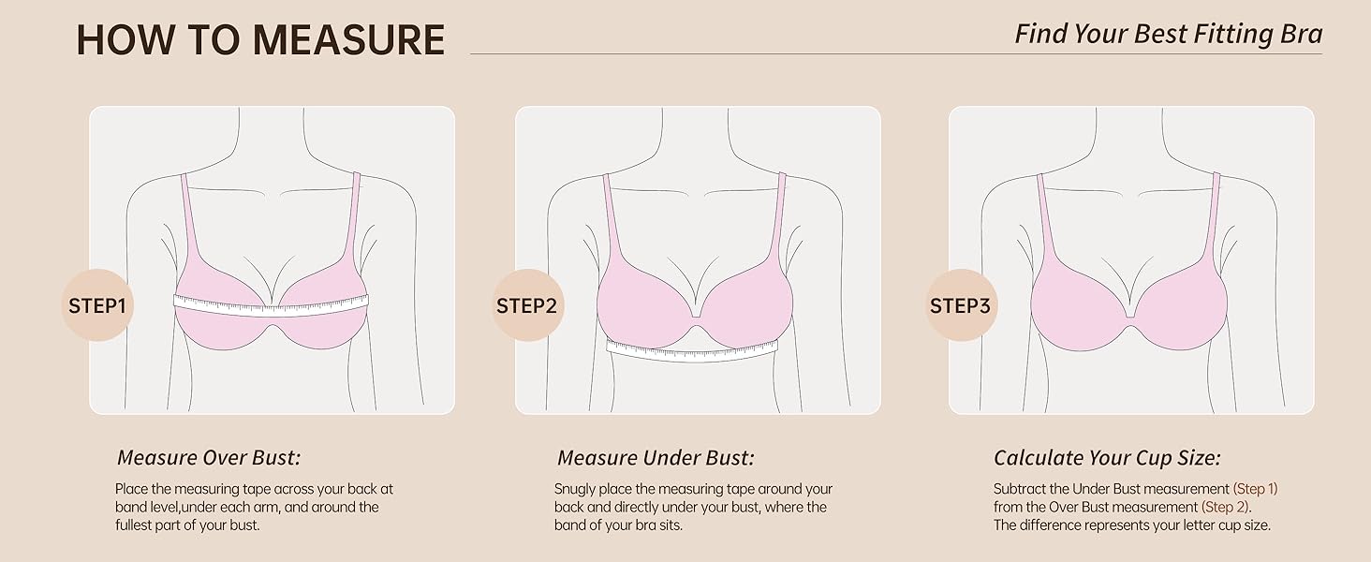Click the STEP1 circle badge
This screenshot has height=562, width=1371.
click(x=97, y=305)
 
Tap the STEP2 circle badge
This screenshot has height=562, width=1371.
click(x=527, y=305)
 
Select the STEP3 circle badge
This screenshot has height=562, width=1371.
click(x=961, y=305)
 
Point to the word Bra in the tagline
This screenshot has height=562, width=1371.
click(x=1300, y=35)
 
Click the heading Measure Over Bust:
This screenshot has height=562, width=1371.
click(x=208, y=458)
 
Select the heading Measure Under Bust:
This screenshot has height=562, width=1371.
click(x=655, y=458)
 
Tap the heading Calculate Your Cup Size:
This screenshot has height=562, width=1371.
click(x=1106, y=458)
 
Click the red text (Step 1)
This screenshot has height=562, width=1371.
click(x=1255, y=489)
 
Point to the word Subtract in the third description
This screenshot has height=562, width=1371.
click(x=1018, y=489)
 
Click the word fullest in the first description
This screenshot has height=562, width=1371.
click(x=137, y=525)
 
